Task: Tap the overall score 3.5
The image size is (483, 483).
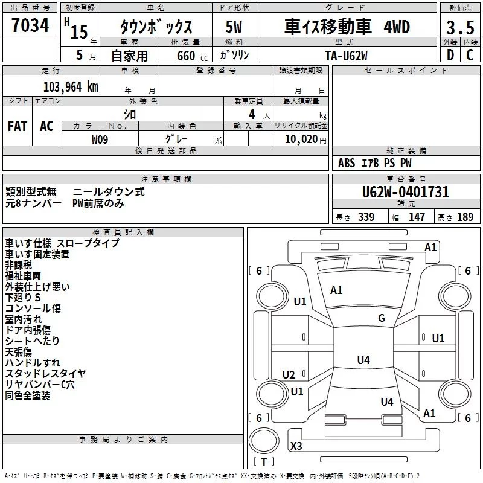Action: click(459, 28)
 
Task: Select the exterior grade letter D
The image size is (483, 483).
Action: click(450, 54)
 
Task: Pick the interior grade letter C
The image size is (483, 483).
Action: click(470, 54)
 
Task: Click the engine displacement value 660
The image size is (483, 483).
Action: click(184, 56)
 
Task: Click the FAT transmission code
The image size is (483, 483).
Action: click(17, 126)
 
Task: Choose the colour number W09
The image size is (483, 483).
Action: click(100, 139)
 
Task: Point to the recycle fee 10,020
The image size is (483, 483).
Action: click(301, 139)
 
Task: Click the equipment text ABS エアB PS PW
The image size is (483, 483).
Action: click(374, 163)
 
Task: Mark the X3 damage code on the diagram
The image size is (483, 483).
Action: click(296, 446)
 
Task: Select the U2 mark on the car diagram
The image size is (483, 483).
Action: click(289, 375)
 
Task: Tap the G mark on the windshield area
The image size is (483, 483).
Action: click(382, 318)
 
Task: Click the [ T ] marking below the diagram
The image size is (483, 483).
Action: click(264, 462)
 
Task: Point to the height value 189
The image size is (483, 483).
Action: click(465, 217)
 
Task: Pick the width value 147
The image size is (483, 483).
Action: click(417, 217)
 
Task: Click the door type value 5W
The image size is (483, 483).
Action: click(234, 28)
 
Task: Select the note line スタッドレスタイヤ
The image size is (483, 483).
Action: click(45, 373)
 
